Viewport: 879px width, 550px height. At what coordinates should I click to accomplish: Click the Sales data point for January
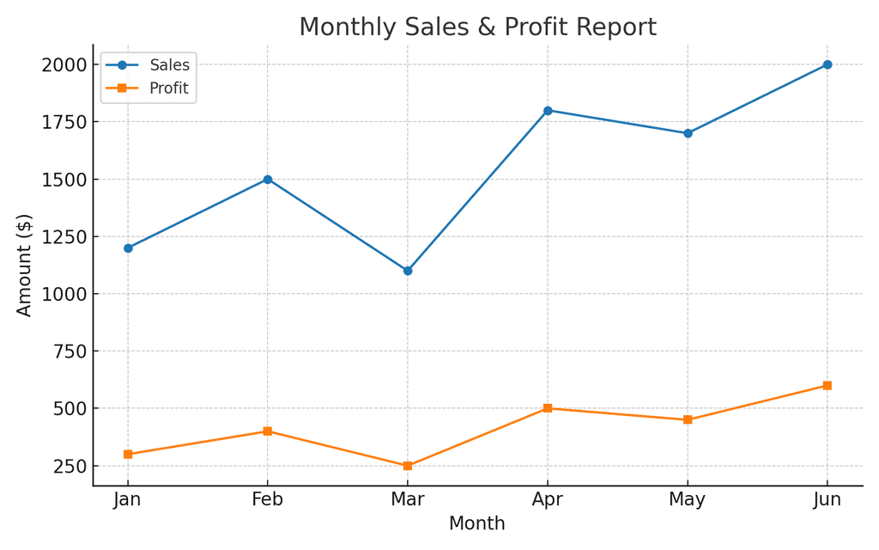[128, 247]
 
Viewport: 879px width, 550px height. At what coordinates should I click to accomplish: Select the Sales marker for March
[408, 271]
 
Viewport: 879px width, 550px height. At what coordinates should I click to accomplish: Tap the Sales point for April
[548, 110]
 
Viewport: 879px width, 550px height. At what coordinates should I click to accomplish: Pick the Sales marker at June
[827, 64]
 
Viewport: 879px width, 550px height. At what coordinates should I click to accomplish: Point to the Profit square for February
[268, 431]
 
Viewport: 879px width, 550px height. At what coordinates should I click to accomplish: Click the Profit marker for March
[408, 466]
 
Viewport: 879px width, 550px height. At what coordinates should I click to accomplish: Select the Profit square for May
[688, 419]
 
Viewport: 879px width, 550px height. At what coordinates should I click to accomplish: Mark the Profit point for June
[827, 385]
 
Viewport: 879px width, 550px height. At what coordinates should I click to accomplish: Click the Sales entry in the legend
[169, 65]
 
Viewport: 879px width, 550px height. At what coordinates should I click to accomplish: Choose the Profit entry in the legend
[168, 88]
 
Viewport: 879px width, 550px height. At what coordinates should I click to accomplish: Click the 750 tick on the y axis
[69, 351]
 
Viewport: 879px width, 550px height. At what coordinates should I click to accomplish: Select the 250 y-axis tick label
[69, 466]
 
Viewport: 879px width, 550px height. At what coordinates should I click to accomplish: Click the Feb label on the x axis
[268, 500]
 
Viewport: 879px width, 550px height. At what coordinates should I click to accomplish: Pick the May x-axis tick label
[688, 500]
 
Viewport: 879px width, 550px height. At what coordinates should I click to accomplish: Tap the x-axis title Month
[477, 523]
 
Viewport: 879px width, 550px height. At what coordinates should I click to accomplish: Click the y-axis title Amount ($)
[24, 265]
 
